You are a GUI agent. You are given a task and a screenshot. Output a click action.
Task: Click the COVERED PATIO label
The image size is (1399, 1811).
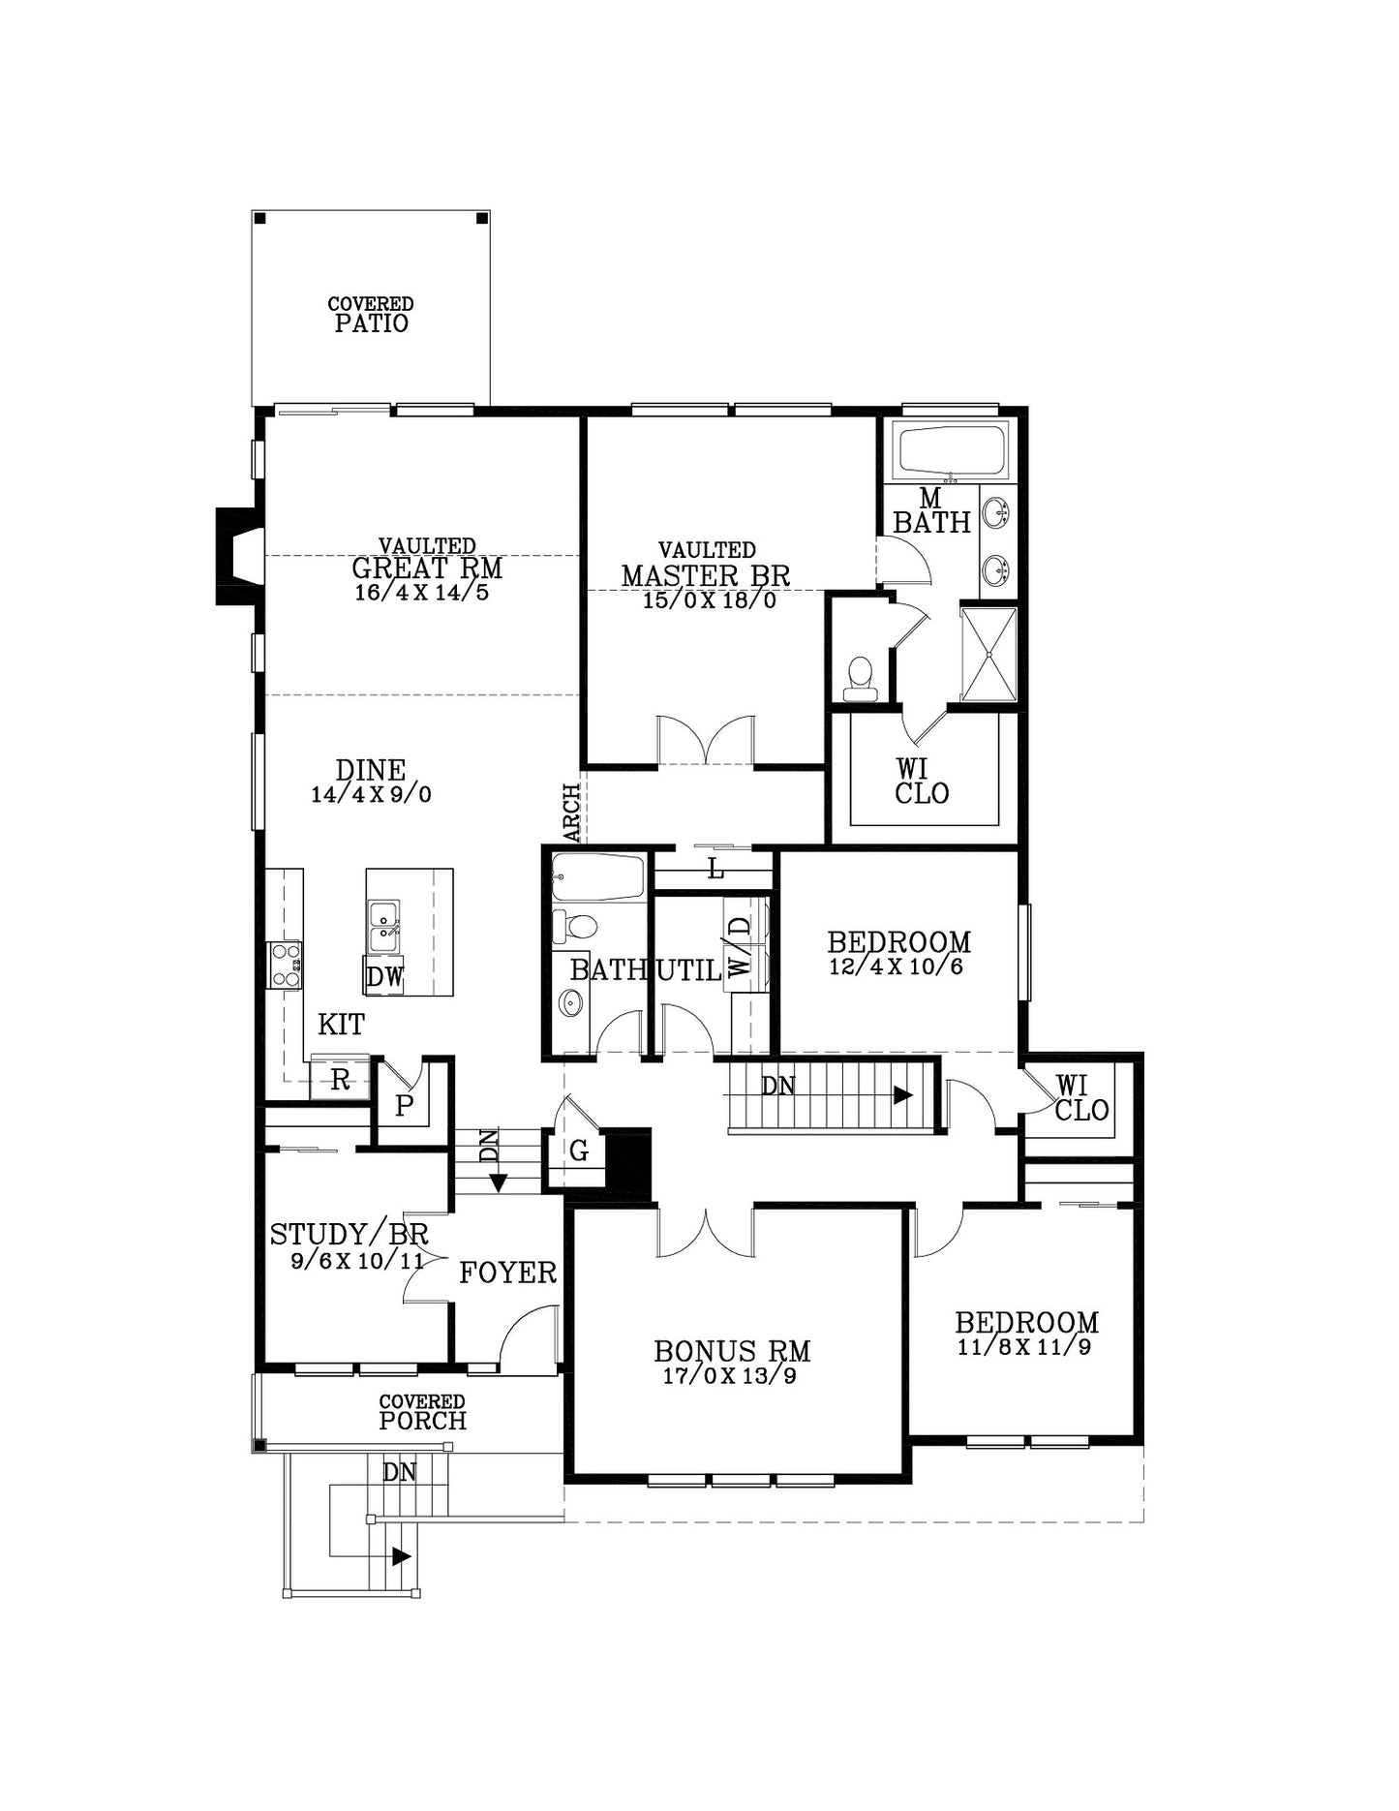371,316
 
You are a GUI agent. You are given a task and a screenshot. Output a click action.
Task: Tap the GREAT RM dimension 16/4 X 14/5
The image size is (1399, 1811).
422,593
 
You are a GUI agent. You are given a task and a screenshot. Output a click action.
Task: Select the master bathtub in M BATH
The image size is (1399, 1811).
953,450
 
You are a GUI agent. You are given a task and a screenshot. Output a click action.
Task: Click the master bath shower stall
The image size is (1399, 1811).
988,654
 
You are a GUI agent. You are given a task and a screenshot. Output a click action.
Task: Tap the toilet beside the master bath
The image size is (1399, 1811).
860,678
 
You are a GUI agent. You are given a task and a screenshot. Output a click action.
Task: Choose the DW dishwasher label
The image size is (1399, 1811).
384,976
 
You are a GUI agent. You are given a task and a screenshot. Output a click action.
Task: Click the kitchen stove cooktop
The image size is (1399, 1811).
285,965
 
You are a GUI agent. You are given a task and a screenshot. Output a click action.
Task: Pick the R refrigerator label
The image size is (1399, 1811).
340,1081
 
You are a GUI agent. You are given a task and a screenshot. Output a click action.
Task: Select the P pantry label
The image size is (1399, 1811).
405,1106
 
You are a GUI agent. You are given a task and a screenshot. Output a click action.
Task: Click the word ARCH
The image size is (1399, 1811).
572,813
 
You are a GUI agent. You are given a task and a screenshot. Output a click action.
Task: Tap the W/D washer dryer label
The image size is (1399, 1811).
740,946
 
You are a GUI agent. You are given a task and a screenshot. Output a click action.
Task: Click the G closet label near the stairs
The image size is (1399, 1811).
579,1151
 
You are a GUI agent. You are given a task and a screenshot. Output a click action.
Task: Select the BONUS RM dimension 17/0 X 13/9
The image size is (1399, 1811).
730,1376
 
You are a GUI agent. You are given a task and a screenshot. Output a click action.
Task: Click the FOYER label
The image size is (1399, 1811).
507,1273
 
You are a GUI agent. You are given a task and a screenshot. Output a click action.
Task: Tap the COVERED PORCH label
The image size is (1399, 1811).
422,1413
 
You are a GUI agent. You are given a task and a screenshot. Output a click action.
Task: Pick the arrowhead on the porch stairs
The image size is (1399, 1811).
401,1556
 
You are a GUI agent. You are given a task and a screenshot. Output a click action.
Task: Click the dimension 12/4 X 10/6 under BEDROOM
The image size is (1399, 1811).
896,967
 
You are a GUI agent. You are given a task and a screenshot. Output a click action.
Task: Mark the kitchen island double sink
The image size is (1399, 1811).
384,927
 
